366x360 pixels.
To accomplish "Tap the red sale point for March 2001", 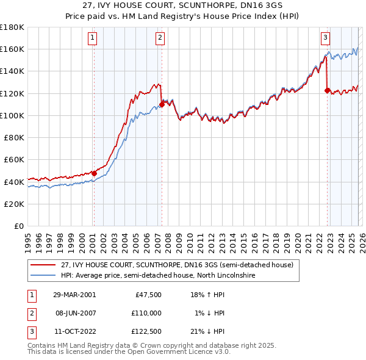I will (95, 173).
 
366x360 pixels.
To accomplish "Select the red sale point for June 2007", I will (162, 104).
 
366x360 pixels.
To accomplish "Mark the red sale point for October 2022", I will (327, 90).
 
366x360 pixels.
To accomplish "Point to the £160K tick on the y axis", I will (12, 49).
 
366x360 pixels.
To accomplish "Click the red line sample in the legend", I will (44, 265).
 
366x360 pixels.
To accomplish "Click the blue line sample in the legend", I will (44, 275).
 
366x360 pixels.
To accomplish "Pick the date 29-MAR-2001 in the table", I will (74, 294).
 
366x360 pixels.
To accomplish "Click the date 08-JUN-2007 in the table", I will (74, 313).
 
